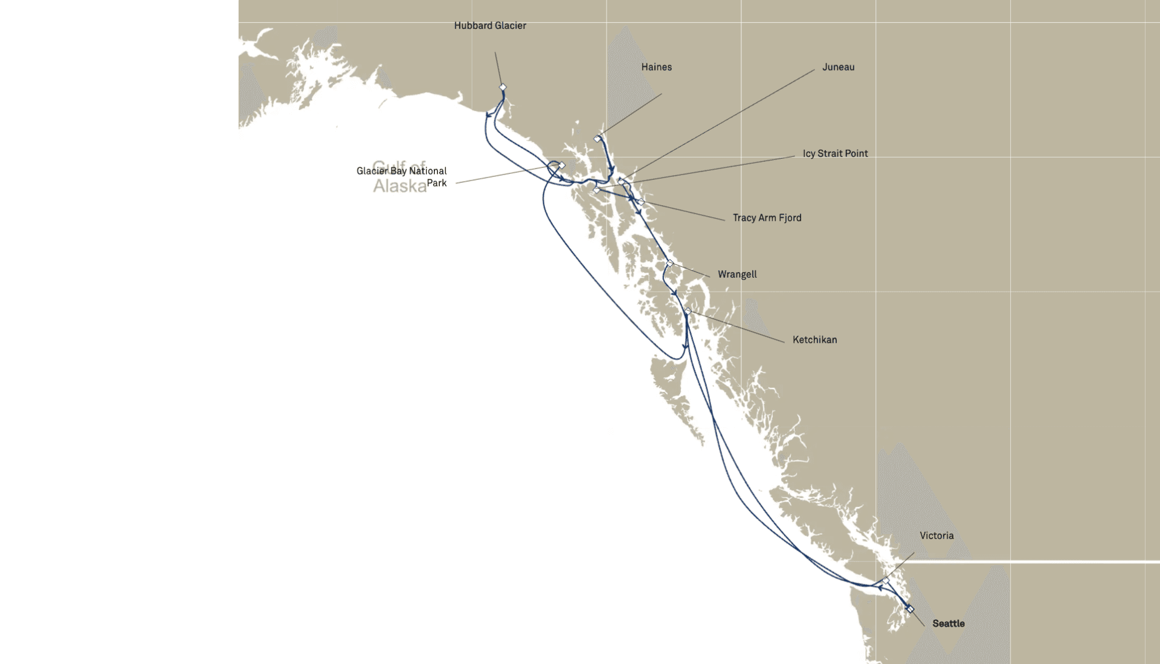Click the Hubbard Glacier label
point(490,26)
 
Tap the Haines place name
point(656,67)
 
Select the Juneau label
point(838,67)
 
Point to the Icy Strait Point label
point(835,154)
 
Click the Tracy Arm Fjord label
point(767,218)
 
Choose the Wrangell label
point(737,275)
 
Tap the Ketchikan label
point(814,340)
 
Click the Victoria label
point(936,536)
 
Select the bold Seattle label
point(948,624)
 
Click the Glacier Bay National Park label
point(402,177)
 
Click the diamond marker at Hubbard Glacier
point(503,88)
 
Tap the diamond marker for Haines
point(598,139)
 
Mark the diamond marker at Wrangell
point(669,263)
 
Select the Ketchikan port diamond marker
point(688,311)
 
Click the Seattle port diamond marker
point(910,609)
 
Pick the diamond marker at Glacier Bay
point(561,165)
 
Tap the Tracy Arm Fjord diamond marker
point(641,202)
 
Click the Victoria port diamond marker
point(885,581)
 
